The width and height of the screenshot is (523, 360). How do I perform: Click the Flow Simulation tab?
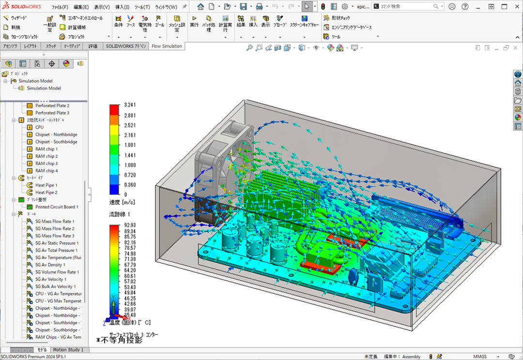167,46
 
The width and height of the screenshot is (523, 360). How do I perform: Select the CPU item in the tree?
39,127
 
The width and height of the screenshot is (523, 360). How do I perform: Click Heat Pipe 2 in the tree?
46,193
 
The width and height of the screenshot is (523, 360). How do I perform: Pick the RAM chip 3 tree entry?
46,164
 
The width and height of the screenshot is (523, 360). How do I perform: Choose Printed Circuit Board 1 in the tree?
56,207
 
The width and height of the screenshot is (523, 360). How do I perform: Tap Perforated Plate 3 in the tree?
52,113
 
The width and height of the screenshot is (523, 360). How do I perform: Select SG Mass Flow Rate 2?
55,228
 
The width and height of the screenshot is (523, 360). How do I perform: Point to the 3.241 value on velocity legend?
130,105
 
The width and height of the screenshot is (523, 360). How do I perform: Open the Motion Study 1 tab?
68,350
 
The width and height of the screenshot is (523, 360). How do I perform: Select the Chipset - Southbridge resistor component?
56,142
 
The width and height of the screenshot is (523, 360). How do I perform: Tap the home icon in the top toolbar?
200,7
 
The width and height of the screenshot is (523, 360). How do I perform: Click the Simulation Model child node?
44,88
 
